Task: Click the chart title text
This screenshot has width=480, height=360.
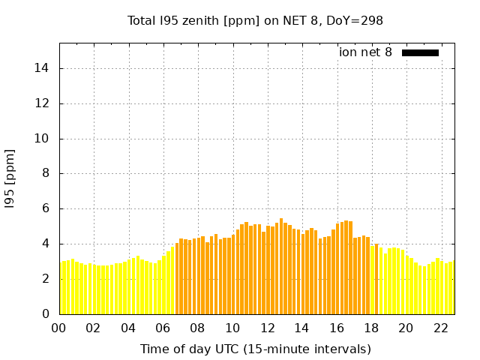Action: click(x=255, y=20)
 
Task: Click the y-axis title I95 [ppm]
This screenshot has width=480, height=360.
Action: click(x=10, y=178)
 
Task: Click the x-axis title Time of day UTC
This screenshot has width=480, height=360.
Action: click(x=255, y=349)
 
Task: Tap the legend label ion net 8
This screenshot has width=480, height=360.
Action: click(x=365, y=52)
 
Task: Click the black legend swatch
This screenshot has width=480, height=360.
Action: click(x=420, y=52)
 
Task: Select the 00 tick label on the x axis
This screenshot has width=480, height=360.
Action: click(x=59, y=328)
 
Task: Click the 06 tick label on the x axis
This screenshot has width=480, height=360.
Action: click(x=163, y=328)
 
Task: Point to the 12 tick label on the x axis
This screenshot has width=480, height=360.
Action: click(x=267, y=328)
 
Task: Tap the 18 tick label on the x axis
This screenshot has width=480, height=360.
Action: click(x=371, y=328)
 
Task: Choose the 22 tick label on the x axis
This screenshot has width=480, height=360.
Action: click(x=440, y=328)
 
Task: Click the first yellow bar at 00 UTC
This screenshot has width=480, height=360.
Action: click(x=61, y=288)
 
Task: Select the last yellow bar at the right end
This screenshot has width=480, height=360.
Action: click(x=451, y=288)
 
